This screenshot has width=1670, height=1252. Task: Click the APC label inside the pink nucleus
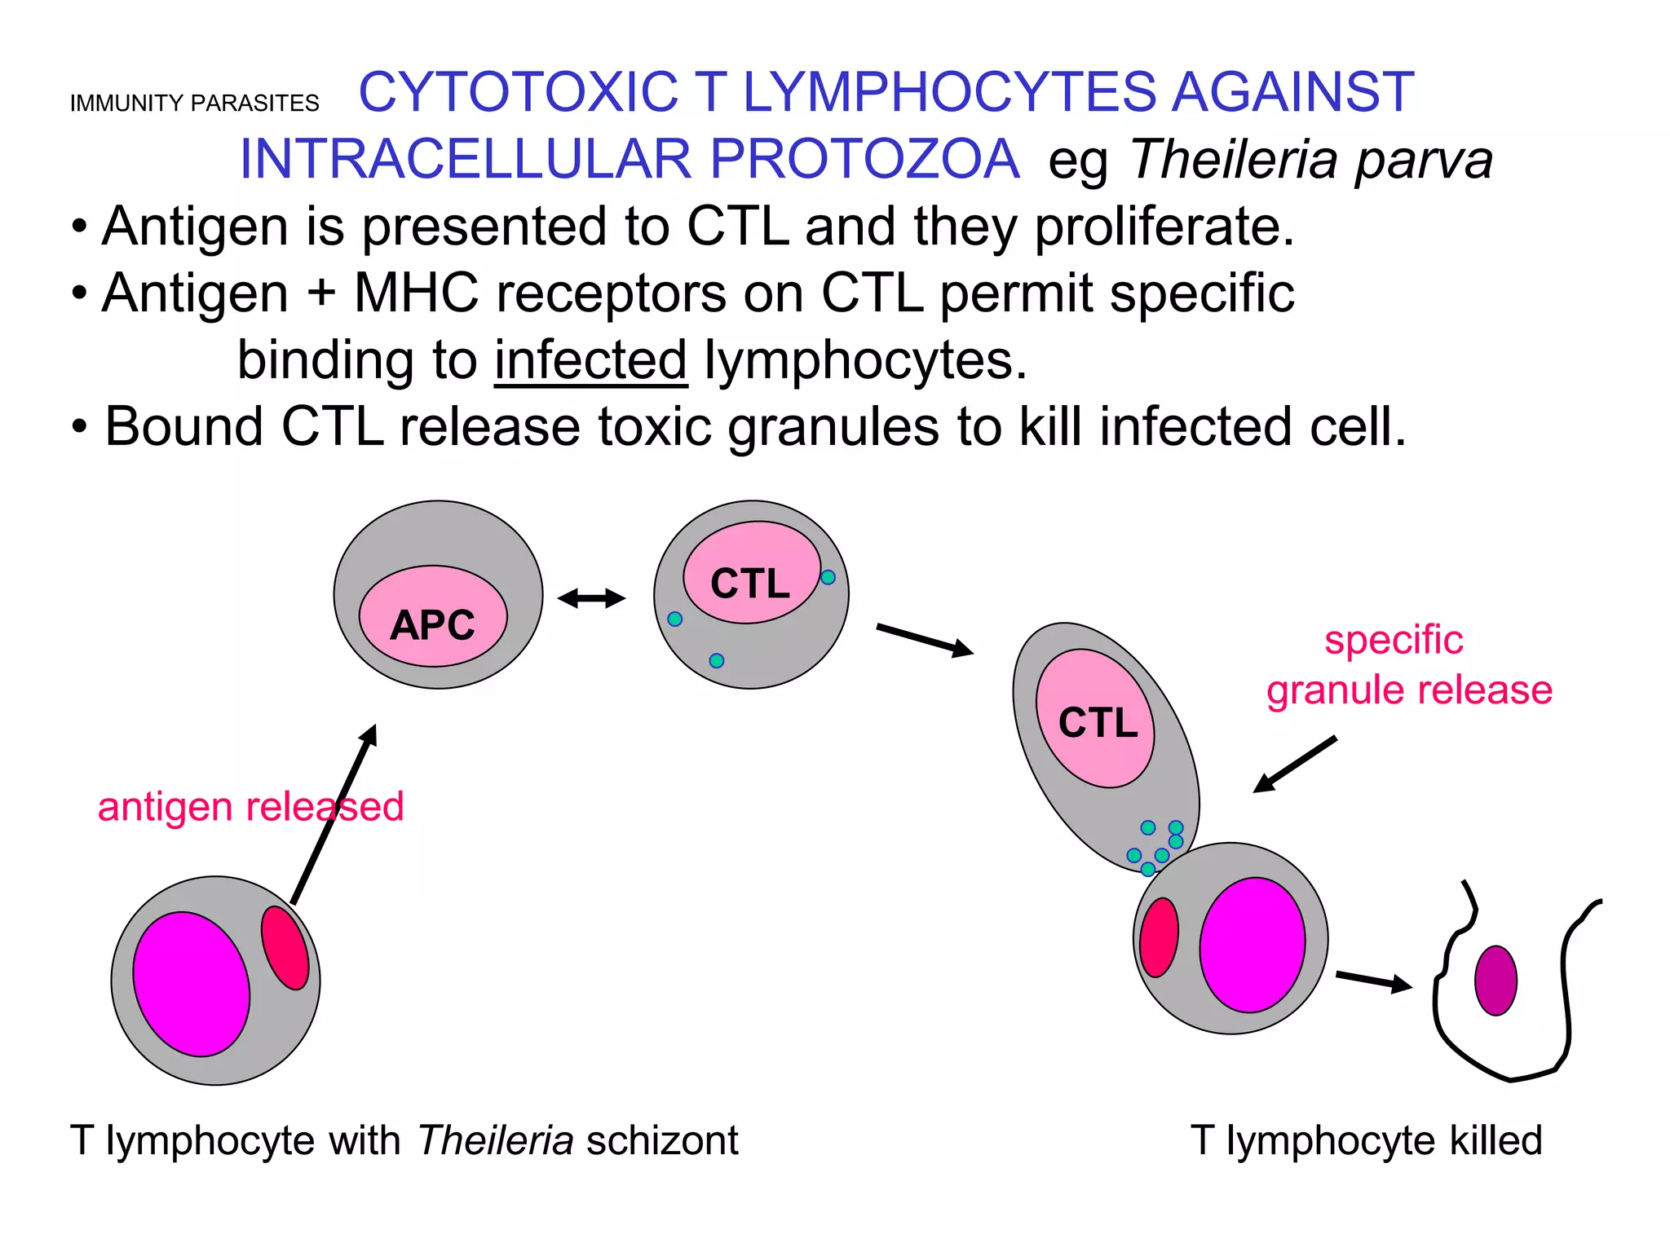tap(432, 625)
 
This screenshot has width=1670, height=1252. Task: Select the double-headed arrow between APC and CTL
tap(591, 599)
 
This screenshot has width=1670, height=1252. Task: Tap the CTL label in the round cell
tap(749, 584)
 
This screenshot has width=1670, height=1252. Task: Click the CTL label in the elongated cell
tap(1098, 722)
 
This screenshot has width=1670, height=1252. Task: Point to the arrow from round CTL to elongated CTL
tap(925, 639)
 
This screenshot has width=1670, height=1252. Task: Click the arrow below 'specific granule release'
tap(1295, 765)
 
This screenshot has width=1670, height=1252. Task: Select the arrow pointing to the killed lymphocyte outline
tap(1374, 981)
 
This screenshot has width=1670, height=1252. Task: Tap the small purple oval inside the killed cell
tap(1495, 981)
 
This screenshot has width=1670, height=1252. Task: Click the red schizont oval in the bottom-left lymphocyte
tap(285, 948)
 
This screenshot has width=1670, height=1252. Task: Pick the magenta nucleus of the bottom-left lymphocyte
tap(192, 984)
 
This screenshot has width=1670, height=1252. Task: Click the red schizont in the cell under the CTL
tap(1159, 937)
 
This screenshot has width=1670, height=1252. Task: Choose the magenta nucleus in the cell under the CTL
tap(1252, 945)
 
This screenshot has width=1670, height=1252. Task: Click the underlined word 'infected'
tap(591, 360)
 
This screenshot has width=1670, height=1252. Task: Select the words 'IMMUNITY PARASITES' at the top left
tap(194, 104)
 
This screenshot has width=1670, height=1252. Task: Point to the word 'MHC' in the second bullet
tap(416, 293)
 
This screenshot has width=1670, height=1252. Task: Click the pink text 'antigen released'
tap(250, 807)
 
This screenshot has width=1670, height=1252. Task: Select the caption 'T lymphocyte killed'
tap(1366, 1140)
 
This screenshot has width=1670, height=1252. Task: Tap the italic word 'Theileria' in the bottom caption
tap(496, 1140)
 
